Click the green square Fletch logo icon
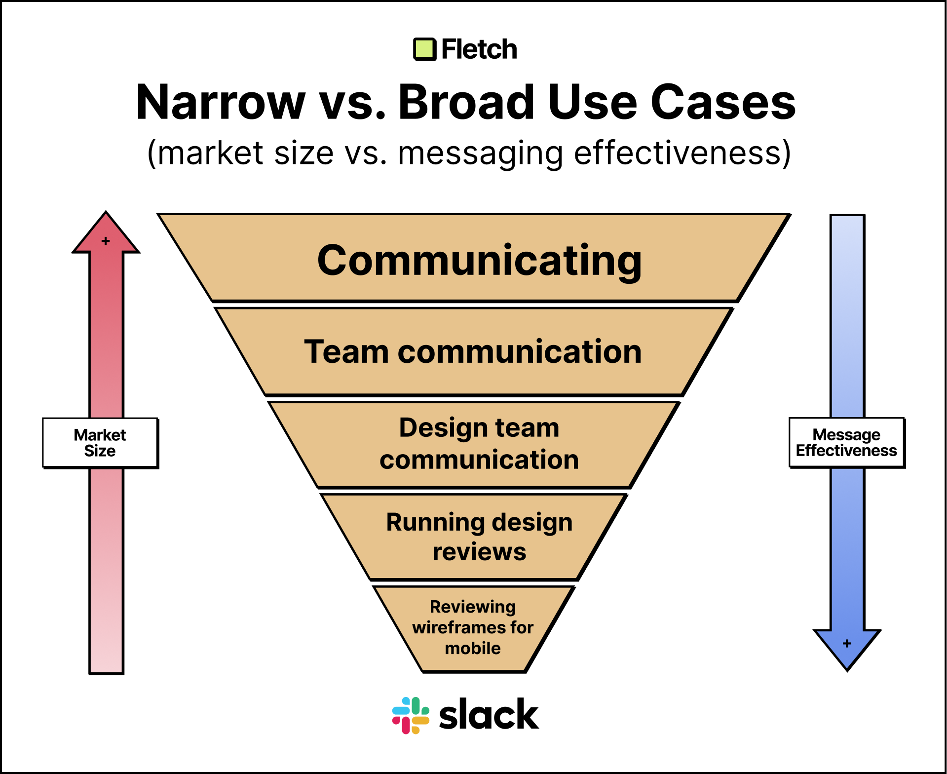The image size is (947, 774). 424,49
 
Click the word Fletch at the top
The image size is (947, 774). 479,49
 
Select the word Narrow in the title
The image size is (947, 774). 221,102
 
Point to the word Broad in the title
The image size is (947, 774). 466,102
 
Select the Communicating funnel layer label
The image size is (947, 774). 479,260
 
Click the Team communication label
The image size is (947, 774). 473,352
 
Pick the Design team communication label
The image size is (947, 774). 479,443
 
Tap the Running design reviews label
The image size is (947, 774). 479,537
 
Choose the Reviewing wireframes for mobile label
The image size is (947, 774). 473,627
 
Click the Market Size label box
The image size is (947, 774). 100,443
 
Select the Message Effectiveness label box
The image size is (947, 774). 846,443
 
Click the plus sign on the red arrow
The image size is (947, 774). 106,241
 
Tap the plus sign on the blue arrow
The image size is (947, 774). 847,644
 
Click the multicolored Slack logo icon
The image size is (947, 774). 411,715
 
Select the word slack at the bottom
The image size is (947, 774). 489,715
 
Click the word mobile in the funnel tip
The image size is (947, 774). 473,648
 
